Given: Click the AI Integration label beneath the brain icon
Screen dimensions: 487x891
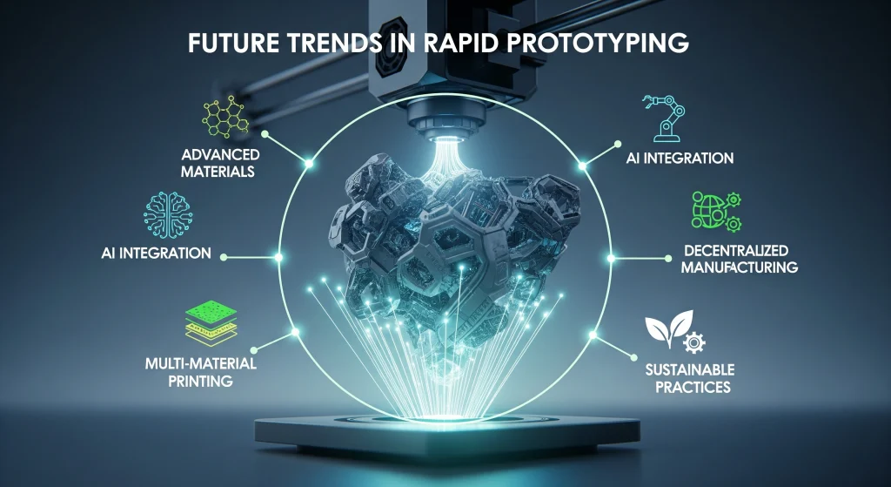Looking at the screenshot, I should tap(156, 254).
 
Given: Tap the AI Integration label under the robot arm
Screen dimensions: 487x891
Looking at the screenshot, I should tap(680, 159).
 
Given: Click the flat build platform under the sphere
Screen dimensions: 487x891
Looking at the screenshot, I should tap(445, 430).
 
